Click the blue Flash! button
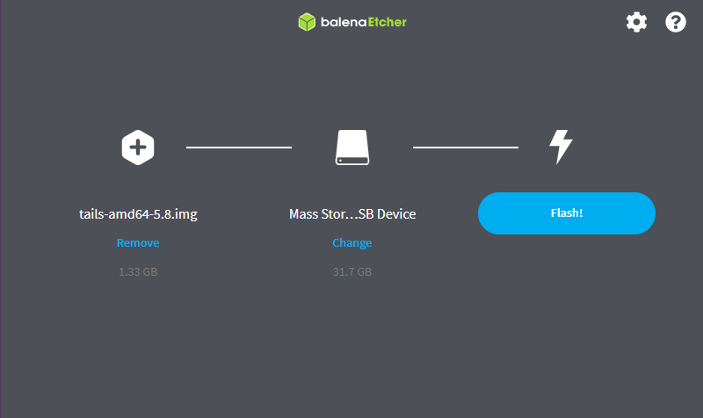566,213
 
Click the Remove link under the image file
138,243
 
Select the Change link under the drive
352,243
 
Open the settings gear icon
636,22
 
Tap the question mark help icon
676,22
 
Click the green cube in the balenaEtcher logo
307,22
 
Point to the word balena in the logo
344,22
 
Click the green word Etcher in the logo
387,22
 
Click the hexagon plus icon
138,148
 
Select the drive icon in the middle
352,148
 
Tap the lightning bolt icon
561,147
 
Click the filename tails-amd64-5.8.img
138,214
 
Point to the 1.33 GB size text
138,272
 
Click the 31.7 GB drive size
352,272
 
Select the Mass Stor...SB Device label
352,214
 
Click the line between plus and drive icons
239,147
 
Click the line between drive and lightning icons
466,147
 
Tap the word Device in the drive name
396,214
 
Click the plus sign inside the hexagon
138,148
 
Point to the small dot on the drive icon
340,161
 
